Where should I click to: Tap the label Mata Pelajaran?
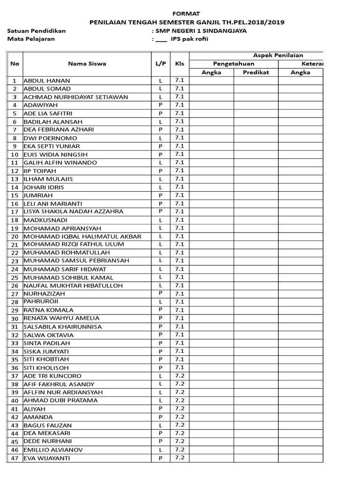(31, 39)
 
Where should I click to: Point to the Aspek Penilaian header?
(278, 55)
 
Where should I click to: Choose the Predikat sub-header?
(256, 72)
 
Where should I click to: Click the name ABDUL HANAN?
(47, 81)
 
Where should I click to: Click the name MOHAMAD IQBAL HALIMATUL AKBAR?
(82, 236)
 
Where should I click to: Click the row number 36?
(15, 368)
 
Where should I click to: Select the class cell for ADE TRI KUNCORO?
(180, 376)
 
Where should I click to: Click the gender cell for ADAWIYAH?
(160, 105)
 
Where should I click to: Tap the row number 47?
(15, 458)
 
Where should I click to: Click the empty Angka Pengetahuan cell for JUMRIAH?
(211, 195)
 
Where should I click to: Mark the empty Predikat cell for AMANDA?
(256, 417)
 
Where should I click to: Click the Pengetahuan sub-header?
(233, 64)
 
